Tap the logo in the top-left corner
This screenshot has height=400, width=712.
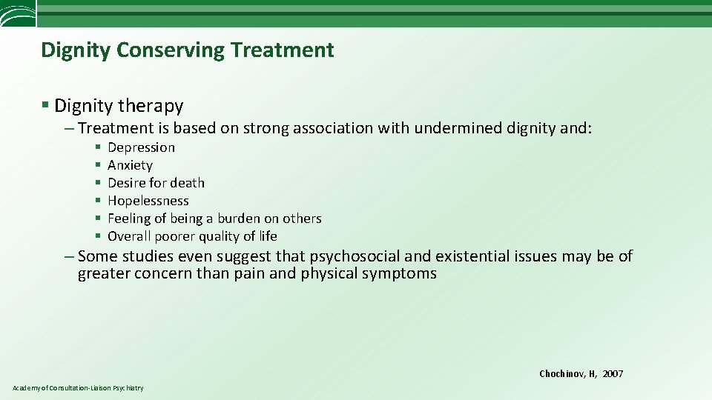17,13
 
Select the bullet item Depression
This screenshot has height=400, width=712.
141,147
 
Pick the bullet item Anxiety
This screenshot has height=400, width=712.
130,165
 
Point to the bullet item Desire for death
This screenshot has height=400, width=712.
156,183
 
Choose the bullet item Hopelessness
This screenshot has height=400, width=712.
148,201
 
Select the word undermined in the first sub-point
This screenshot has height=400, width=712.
458,128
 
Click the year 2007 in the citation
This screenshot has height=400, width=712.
613,374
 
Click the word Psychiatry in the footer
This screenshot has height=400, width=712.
130,388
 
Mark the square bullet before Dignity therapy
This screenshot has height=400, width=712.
46,106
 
